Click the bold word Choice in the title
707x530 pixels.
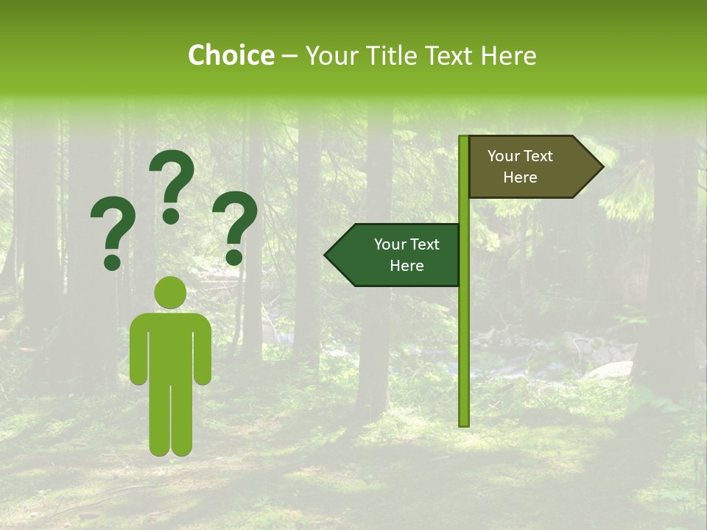231,56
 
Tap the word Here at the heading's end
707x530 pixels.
507,56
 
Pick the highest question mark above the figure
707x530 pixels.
172,184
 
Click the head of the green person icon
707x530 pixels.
170,292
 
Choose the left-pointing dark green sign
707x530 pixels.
401,255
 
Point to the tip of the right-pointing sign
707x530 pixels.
602,167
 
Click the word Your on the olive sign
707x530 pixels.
504,156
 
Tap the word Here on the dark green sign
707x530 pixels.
407,266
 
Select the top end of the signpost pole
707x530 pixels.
464,138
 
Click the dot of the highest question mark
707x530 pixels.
171,216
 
